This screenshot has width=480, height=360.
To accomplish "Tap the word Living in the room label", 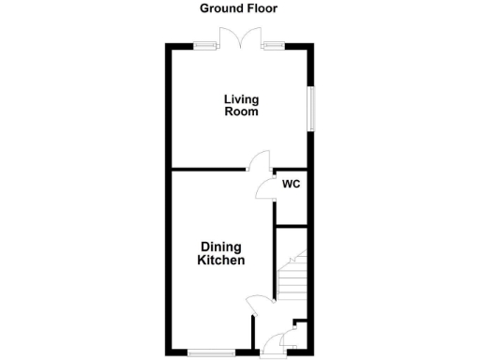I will click(x=241, y=98).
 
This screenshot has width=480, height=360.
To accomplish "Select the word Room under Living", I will click(x=241, y=112).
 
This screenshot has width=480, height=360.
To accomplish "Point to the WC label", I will click(x=291, y=184).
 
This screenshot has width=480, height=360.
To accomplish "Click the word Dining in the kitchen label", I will click(x=220, y=247).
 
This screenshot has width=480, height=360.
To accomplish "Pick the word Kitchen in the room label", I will click(x=220, y=261).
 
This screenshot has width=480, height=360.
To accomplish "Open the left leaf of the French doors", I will click(x=229, y=37).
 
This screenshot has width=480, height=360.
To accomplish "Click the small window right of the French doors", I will click(x=275, y=45).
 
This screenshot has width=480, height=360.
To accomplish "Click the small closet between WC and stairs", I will click(x=292, y=212).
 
